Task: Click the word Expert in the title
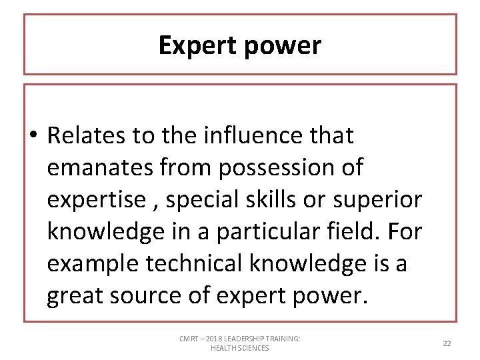pos(198,45)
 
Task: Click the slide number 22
pos(447,343)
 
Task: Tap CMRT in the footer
pos(189,339)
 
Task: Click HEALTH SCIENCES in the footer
pos(239,348)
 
